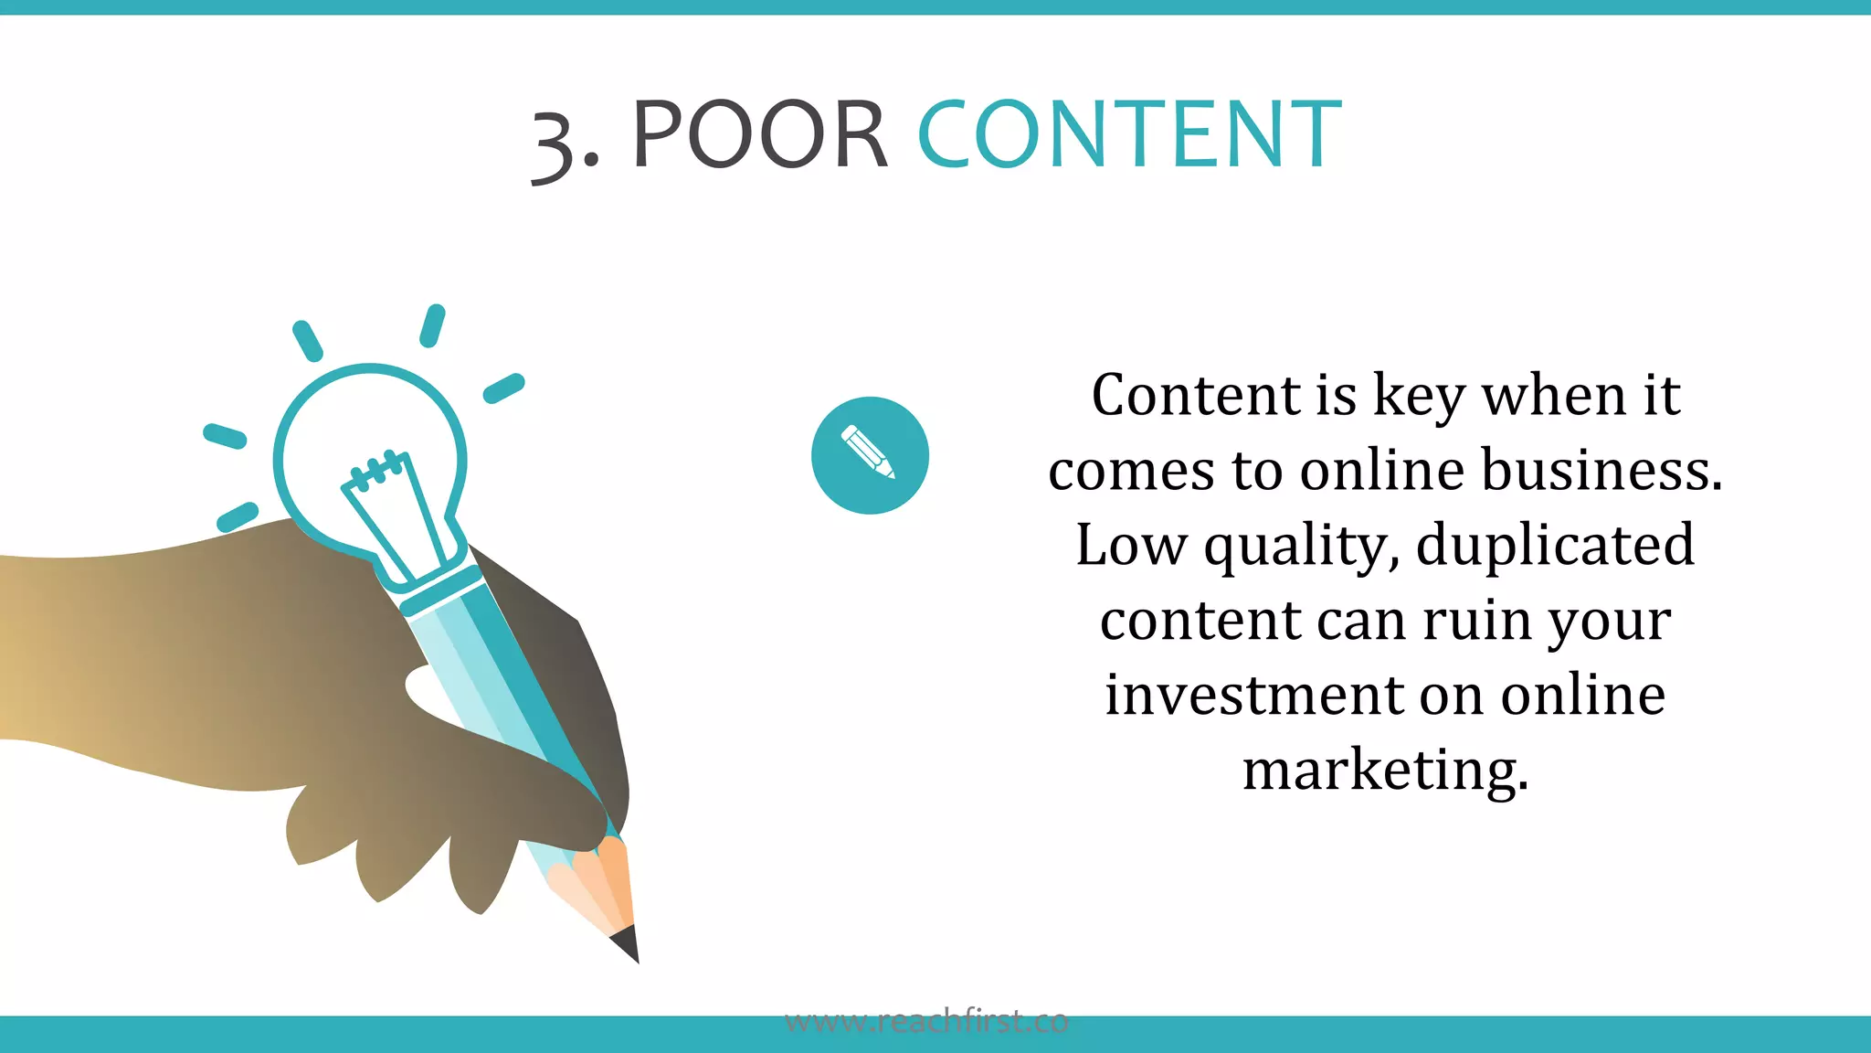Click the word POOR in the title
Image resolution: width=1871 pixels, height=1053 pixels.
click(x=759, y=135)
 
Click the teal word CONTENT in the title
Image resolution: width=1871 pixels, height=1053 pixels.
click(x=1129, y=135)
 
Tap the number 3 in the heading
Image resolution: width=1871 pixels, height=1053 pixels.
click(x=554, y=144)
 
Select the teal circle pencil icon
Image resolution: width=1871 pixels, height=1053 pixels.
click(x=870, y=455)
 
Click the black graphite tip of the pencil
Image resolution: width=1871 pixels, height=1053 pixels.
click(x=626, y=944)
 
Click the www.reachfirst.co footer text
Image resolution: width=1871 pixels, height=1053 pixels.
click(x=926, y=1021)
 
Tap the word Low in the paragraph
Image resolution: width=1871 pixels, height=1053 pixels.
click(x=1131, y=546)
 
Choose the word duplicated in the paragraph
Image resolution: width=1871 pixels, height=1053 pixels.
click(x=1555, y=546)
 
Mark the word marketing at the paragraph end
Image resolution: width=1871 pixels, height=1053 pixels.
click(x=1385, y=771)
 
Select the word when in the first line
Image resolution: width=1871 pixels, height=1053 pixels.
click(x=1553, y=397)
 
